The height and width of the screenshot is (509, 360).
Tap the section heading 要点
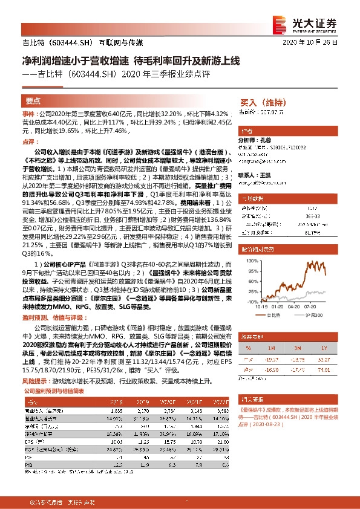tap(33, 101)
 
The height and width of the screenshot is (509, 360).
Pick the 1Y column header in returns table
tap(324, 348)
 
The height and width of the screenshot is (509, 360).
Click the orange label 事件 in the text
tap(28, 114)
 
